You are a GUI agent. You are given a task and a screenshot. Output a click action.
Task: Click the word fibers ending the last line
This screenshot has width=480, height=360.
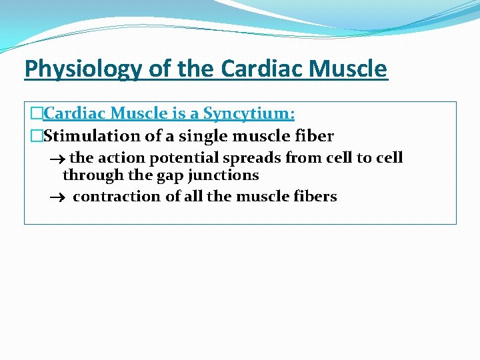coord(315,197)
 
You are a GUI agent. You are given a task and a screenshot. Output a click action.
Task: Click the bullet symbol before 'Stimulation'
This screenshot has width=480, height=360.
coord(37,137)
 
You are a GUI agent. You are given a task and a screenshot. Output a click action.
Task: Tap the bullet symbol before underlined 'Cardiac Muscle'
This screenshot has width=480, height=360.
coord(37,114)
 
